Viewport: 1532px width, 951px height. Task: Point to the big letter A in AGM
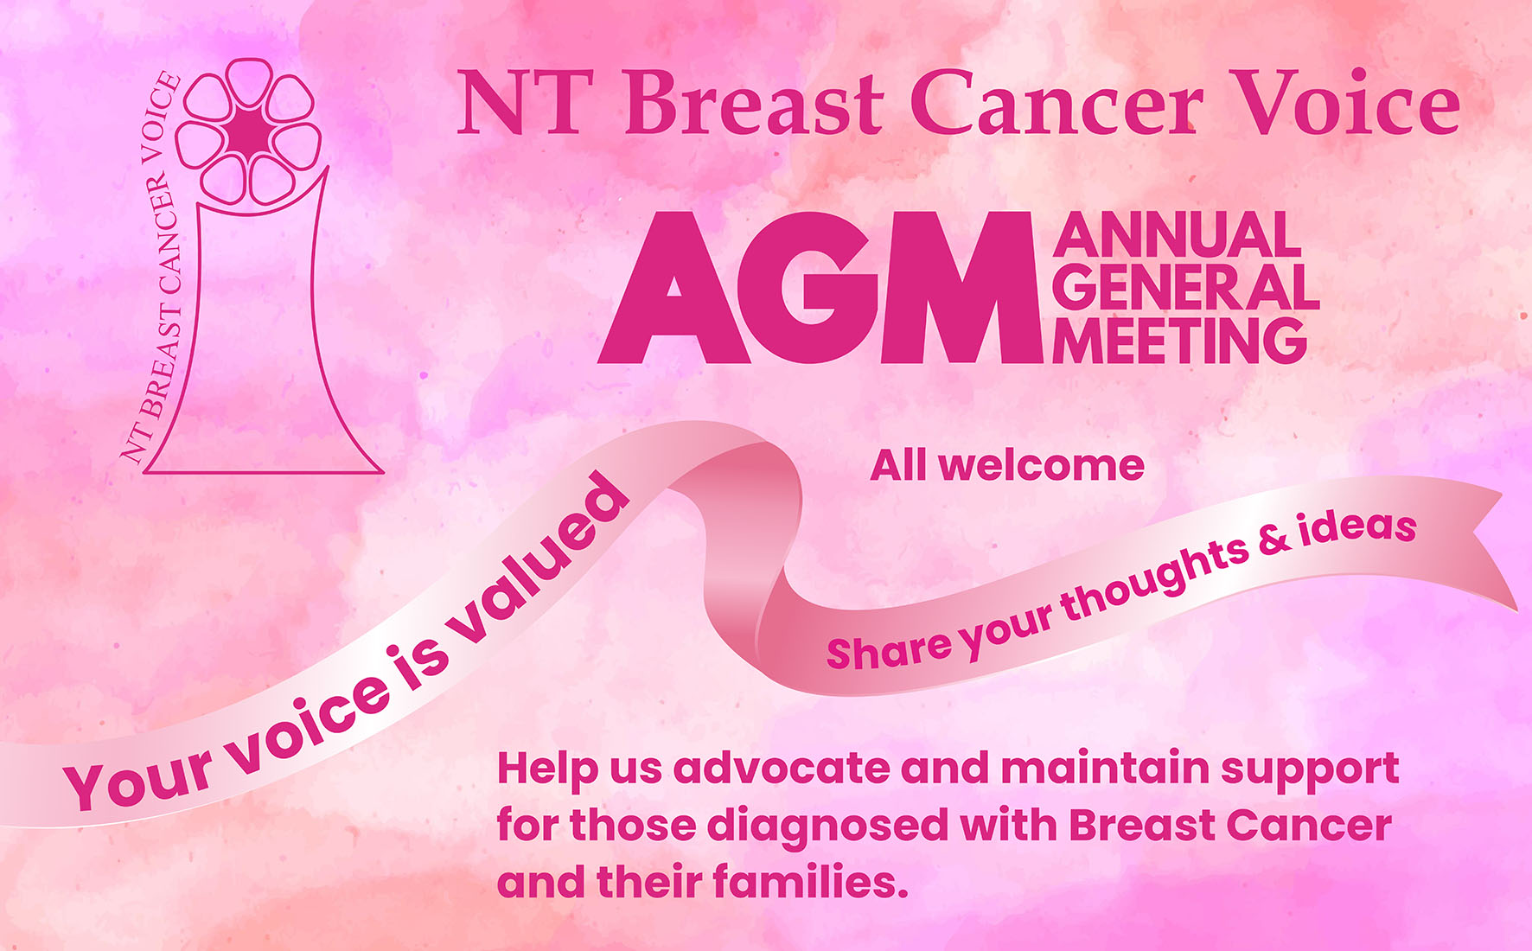[674, 290]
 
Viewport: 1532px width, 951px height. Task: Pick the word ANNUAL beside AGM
[1177, 235]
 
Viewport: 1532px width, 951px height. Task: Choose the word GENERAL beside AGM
[1185, 287]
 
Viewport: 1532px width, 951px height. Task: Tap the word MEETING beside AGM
[1179, 341]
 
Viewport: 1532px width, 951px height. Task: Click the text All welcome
[1006, 466]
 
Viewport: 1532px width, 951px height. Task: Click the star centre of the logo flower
[250, 132]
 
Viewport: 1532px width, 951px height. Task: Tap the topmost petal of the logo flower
[248, 80]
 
